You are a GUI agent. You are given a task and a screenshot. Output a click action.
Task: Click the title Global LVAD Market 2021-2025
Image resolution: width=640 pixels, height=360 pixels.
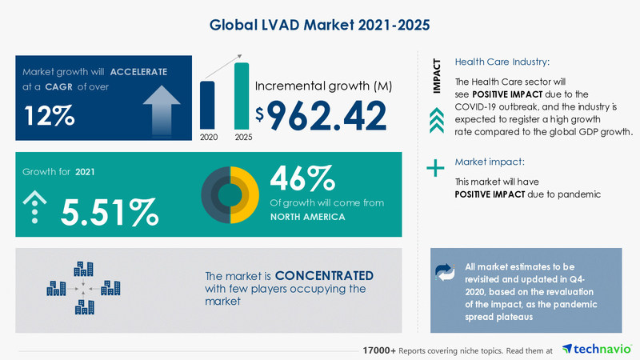[x=320, y=24]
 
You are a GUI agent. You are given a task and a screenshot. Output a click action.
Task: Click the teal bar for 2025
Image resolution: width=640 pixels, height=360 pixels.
[x=241, y=95]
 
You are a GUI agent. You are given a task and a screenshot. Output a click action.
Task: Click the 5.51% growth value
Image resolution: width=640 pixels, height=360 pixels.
[x=110, y=211]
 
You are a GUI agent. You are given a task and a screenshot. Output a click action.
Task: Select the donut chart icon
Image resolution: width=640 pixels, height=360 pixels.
[x=230, y=194]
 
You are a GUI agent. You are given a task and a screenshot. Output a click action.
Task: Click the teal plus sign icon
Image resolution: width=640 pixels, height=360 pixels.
[x=434, y=168]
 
